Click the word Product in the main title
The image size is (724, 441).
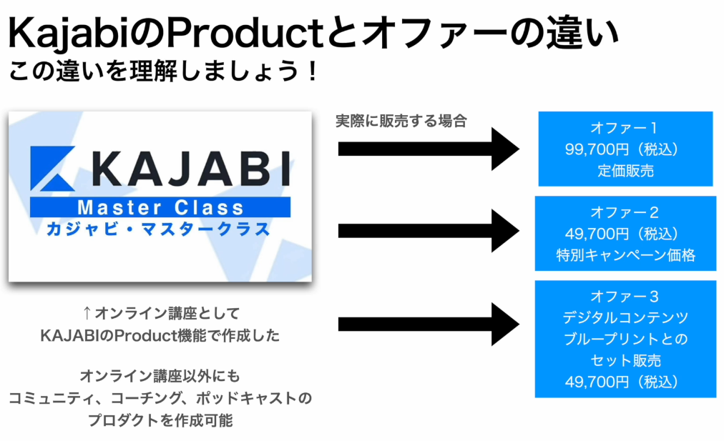pyautogui.click(x=245, y=33)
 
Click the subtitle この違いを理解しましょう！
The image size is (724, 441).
pyautogui.click(x=163, y=71)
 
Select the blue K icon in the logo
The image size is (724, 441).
pyautogui.click(x=52, y=169)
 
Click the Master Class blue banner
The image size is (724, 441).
pyautogui.click(x=160, y=207)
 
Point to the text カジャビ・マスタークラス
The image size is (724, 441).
pyautogui.click(x=158, y=229)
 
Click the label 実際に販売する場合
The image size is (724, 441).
pyautogui.click(x=401, y=121)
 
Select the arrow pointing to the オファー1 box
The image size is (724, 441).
pyautogui.click(x=429, y=149)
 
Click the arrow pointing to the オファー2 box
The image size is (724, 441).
pyautogui.click(x=429, y=231)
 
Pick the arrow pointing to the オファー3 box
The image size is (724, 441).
pyautogui.click(x=429, y=324)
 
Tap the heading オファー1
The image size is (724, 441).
pyautogui.click(x=624, y=128)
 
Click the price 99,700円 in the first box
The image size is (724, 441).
pyautogui.click(x=597, y=149)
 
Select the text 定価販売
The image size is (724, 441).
pyautogui.click(x=626, y=171)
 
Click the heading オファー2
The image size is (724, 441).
pyautogui.click(x=625, y=212)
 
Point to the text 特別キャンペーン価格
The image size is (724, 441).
pyautogui.click(x=626, y=255)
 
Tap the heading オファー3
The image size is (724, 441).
pyautogui.click(x=625, y=296)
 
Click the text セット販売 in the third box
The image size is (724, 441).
pyautogui.click(x=626, y=360)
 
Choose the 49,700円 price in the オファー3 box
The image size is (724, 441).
pyautogui.click(x=597, y=382)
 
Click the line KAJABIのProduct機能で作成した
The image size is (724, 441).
pyautogui.click(x=160, y=335)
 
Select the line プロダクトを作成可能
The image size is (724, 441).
pyautogui.click(x=160, y=420)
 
